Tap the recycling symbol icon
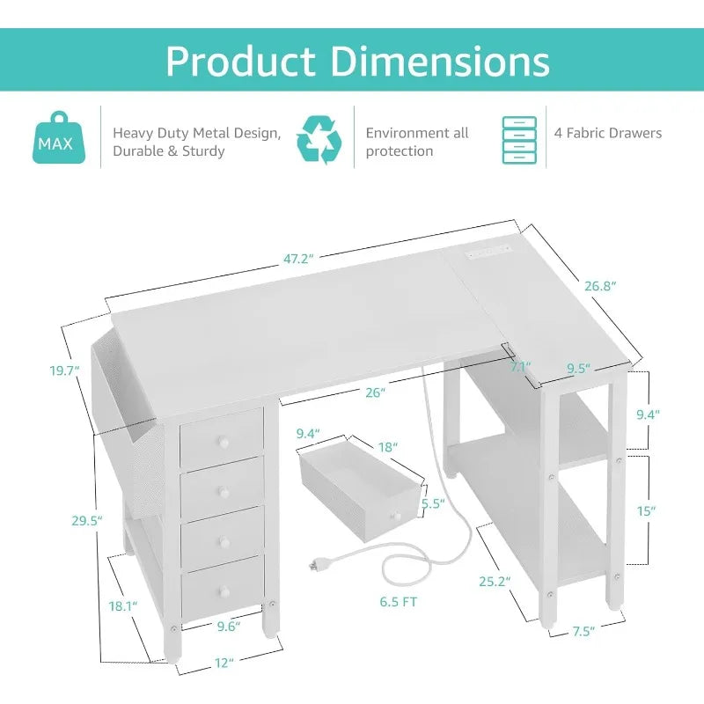click(319, 139)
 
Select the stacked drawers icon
click(519, 140)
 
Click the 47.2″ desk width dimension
click(298, 259)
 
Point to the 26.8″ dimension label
click(600, 286)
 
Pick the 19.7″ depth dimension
click(64, 370)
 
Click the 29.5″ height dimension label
click(87, 521)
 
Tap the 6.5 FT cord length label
click(399, 602)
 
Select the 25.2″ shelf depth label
click(495, 582)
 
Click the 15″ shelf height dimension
click(646, 511)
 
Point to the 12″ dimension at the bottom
click(224, 663)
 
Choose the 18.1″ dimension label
click(123, 606)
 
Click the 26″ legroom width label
click(376, 392)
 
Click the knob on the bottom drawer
click(224, 591)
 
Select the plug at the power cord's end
click(315, 565)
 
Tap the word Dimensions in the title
click(441, 61)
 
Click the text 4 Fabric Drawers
click(608, 133)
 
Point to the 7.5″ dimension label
click(583, 632)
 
